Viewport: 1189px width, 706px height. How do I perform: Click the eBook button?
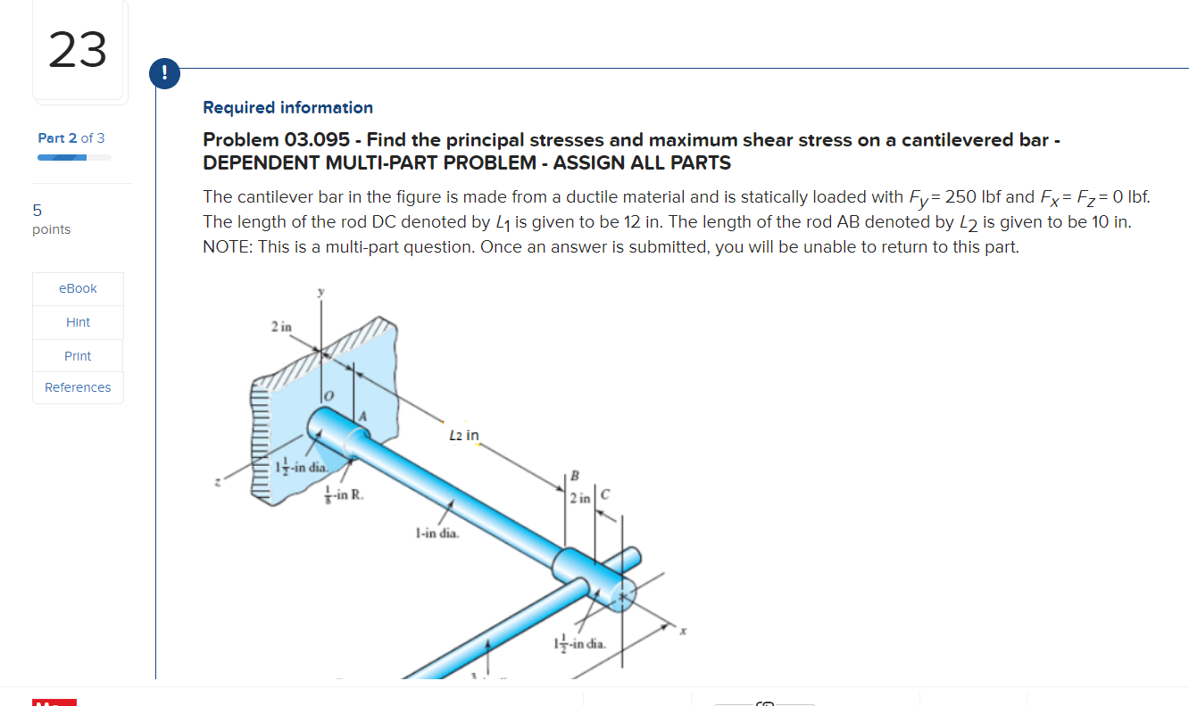[78, 288]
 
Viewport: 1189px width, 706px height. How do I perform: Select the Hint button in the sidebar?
[78, 322]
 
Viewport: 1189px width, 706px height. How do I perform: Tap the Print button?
[78, 356]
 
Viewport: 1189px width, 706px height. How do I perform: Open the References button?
[78, 387]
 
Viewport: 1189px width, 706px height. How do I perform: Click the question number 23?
[78, 50]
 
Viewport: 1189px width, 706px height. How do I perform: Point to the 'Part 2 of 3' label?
[71, 137]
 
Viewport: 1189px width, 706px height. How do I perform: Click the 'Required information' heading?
[287, 107]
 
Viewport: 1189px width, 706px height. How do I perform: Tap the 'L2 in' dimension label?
[464, 436]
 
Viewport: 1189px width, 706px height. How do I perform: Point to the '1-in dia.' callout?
[437, 534]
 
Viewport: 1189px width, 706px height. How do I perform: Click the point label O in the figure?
[328, 395]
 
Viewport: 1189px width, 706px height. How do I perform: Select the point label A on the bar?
[363, 415]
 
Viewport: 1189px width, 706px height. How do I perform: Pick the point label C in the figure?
[605, 496]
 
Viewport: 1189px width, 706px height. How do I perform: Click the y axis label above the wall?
[322, 293]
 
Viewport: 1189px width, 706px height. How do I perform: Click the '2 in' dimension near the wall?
[280, 327]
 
